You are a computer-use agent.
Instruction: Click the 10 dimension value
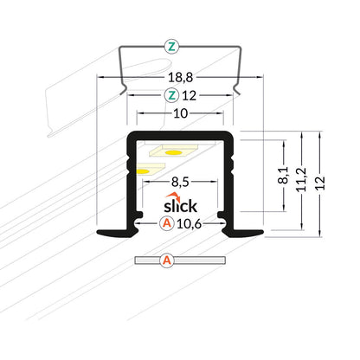(179, 113)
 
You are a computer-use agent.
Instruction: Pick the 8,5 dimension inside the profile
(180, 183)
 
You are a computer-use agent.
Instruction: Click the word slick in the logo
(180, 208)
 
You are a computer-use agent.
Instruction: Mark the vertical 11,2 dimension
(302, 182)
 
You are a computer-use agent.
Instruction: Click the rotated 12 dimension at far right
(323, 183)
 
